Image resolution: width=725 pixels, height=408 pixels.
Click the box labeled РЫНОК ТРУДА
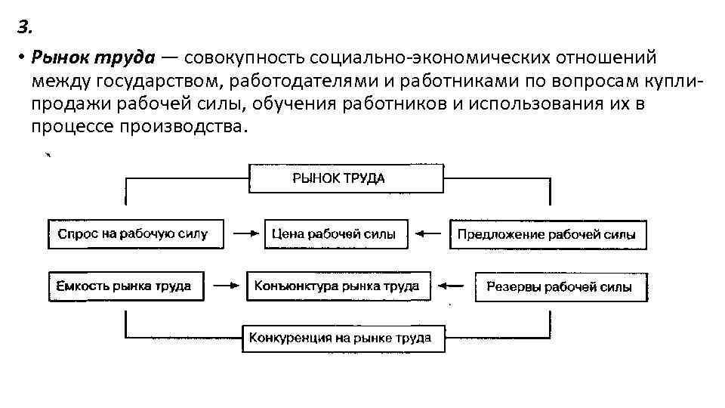(x=346, y=178)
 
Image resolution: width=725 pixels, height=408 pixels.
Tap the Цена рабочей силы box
(x=335, y=233)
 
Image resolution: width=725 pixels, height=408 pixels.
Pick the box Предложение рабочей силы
(x=548, y=234)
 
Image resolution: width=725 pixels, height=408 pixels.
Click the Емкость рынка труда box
(x=125, y=286)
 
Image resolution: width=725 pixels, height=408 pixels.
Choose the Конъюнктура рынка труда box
(x=338, y=286)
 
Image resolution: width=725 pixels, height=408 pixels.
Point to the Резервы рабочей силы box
(x=560, y=287)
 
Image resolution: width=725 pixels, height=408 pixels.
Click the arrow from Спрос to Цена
(x=245, y=233)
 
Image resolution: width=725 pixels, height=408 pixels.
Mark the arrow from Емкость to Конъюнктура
(x=225, y=286)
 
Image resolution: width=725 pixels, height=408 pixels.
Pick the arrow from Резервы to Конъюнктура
(x=453, y=286)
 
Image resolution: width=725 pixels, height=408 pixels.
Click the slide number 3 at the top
(x=24, y=28)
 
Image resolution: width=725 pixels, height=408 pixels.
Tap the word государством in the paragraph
(x=150, y=81)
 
